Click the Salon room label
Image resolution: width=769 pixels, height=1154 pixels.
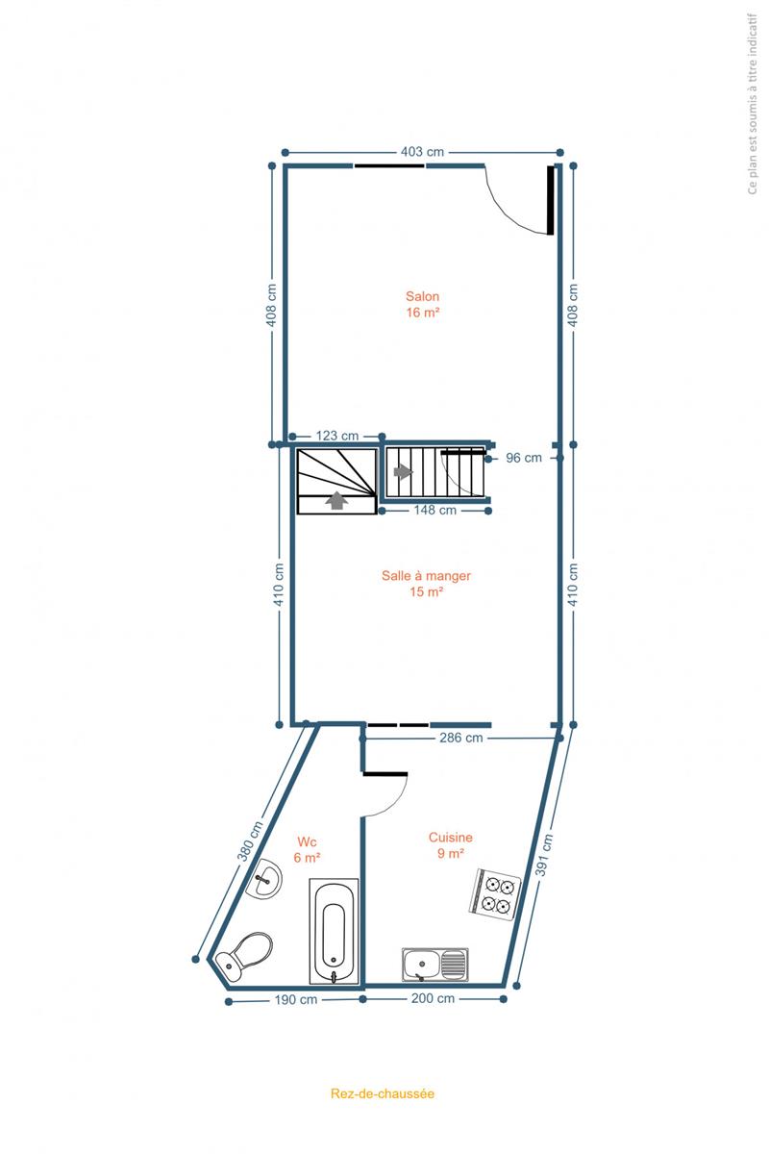[x=422, y=296]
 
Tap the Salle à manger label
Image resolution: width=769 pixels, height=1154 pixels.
[x=426, y=575]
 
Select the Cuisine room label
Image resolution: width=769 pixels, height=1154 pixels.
[x=451, y=838]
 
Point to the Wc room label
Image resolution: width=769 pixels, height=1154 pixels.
[x=307, y=841]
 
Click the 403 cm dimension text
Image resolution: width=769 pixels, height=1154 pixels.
[x=422, y=152]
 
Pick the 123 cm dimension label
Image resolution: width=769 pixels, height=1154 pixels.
[x=336, y=436]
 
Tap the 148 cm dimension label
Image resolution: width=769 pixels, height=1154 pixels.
[x=435, y=510]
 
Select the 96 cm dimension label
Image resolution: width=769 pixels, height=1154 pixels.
[x=524, y=458]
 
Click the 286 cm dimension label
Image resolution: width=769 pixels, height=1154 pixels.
[x=461, y=738]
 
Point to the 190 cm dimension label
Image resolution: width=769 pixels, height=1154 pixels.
[x=296, y=1000]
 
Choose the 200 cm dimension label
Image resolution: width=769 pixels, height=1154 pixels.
[x=433, y=998]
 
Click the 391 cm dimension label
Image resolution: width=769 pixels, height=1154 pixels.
[x=544, y=855]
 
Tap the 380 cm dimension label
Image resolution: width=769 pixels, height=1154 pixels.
[x=250, y=840]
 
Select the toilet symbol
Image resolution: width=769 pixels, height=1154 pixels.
[x=244, y=957]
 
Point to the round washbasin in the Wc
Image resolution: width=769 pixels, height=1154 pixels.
[x=263, y=878]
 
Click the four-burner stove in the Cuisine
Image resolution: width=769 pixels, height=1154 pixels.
[x=494, y=893]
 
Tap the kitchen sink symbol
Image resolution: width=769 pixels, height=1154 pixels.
[x=435, y=965]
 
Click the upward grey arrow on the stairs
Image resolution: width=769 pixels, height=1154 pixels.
[x=336, y=501]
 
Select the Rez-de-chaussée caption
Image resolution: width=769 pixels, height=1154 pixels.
[x=383, y=1093]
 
